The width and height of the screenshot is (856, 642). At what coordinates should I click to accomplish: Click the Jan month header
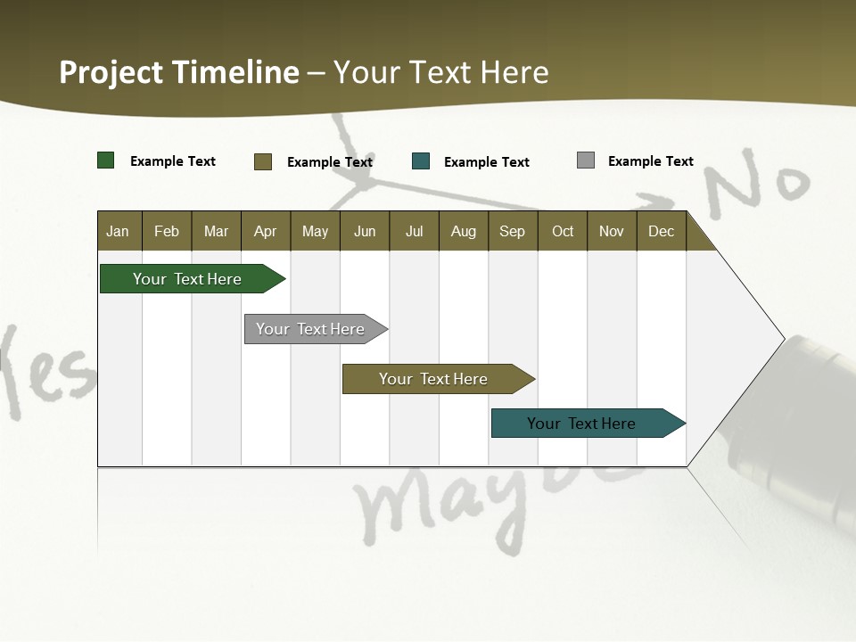[x=118, y=231]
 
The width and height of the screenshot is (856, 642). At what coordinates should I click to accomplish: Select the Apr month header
[x=265, y=231]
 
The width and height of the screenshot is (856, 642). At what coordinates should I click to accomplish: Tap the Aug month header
[x=463, y=231]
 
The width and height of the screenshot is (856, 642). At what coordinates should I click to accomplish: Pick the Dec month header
[x=661, y=231]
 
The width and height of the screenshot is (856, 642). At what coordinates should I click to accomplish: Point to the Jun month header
[x=364, y=231]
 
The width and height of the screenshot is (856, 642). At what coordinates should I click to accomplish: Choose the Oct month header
[x=562, y=231]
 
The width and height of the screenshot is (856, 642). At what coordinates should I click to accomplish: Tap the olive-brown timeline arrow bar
[x=435, y=379]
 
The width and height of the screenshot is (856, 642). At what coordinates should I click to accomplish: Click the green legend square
[x=106, y=160]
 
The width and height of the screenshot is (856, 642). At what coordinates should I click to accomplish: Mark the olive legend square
[x=262, y=161]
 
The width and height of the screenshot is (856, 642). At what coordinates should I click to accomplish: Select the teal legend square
[x=421, y=161]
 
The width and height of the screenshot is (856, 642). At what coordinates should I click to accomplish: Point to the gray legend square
[x=586, y=160]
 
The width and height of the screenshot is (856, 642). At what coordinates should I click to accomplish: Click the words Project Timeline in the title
[x=178, y=72]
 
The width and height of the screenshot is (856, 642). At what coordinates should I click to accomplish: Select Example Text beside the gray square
[x=650, y=161]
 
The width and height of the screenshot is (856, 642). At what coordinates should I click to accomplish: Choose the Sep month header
[x=512, y=231]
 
